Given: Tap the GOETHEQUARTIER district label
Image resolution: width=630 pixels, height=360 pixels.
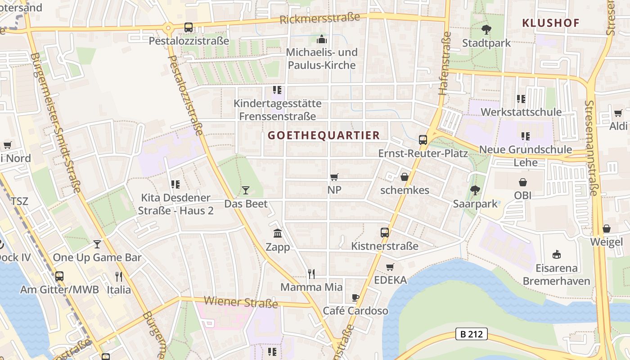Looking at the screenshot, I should pos(324,135).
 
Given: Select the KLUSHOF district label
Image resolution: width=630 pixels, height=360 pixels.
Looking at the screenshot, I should pos(550,23).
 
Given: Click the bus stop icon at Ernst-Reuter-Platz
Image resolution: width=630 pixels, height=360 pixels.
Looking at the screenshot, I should pos(423,139).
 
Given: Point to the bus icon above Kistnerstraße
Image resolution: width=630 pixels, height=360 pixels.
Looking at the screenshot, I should pos(384,232).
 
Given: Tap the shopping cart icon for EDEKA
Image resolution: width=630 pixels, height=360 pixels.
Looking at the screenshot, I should pos(390,267).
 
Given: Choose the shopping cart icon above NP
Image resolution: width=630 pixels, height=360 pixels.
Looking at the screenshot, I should pos(334,177).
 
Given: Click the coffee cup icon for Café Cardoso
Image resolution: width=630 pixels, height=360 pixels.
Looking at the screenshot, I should pos(355,297).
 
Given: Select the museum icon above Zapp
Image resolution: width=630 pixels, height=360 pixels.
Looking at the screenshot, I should pos(278,234).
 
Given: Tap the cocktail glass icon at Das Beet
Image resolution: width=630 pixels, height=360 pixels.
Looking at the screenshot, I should pos(245,190).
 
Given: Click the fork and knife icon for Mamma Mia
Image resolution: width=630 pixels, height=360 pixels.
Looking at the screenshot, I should pos(311,274).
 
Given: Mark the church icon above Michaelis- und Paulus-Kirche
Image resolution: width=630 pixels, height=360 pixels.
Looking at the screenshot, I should pos(322,39).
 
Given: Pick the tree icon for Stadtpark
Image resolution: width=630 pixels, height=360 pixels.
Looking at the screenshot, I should pos(486,30).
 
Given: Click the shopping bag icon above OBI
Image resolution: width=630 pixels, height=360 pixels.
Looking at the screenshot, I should pos(522,182).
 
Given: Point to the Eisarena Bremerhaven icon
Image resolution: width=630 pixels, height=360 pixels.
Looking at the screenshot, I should pos(557,255).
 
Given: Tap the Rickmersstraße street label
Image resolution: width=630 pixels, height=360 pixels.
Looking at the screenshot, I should pos(319,18).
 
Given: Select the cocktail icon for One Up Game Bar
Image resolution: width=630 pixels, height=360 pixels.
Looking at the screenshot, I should pos(97,244).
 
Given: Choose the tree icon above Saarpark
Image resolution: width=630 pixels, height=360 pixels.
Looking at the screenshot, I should pos(475,190).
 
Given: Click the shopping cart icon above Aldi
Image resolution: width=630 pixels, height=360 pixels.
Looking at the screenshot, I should pos(618,113).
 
